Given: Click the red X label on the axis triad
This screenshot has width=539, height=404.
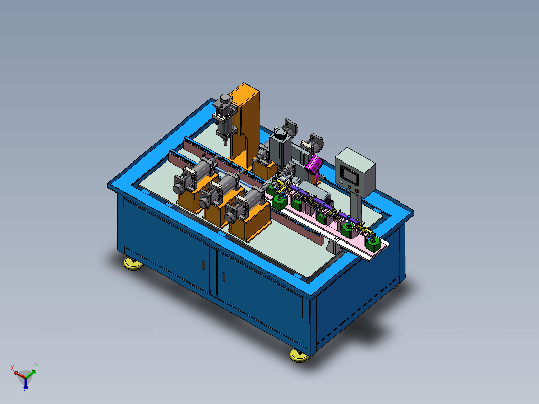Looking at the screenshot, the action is [x=12, y=368].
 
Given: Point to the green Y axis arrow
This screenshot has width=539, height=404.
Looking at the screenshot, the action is [x=30, y=373].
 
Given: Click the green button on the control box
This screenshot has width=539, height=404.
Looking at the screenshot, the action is [x=349, y=187].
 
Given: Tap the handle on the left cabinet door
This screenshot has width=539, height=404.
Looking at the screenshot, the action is [x=203, y=265].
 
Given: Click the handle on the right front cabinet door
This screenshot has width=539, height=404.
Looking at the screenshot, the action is [x=223, y=276].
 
